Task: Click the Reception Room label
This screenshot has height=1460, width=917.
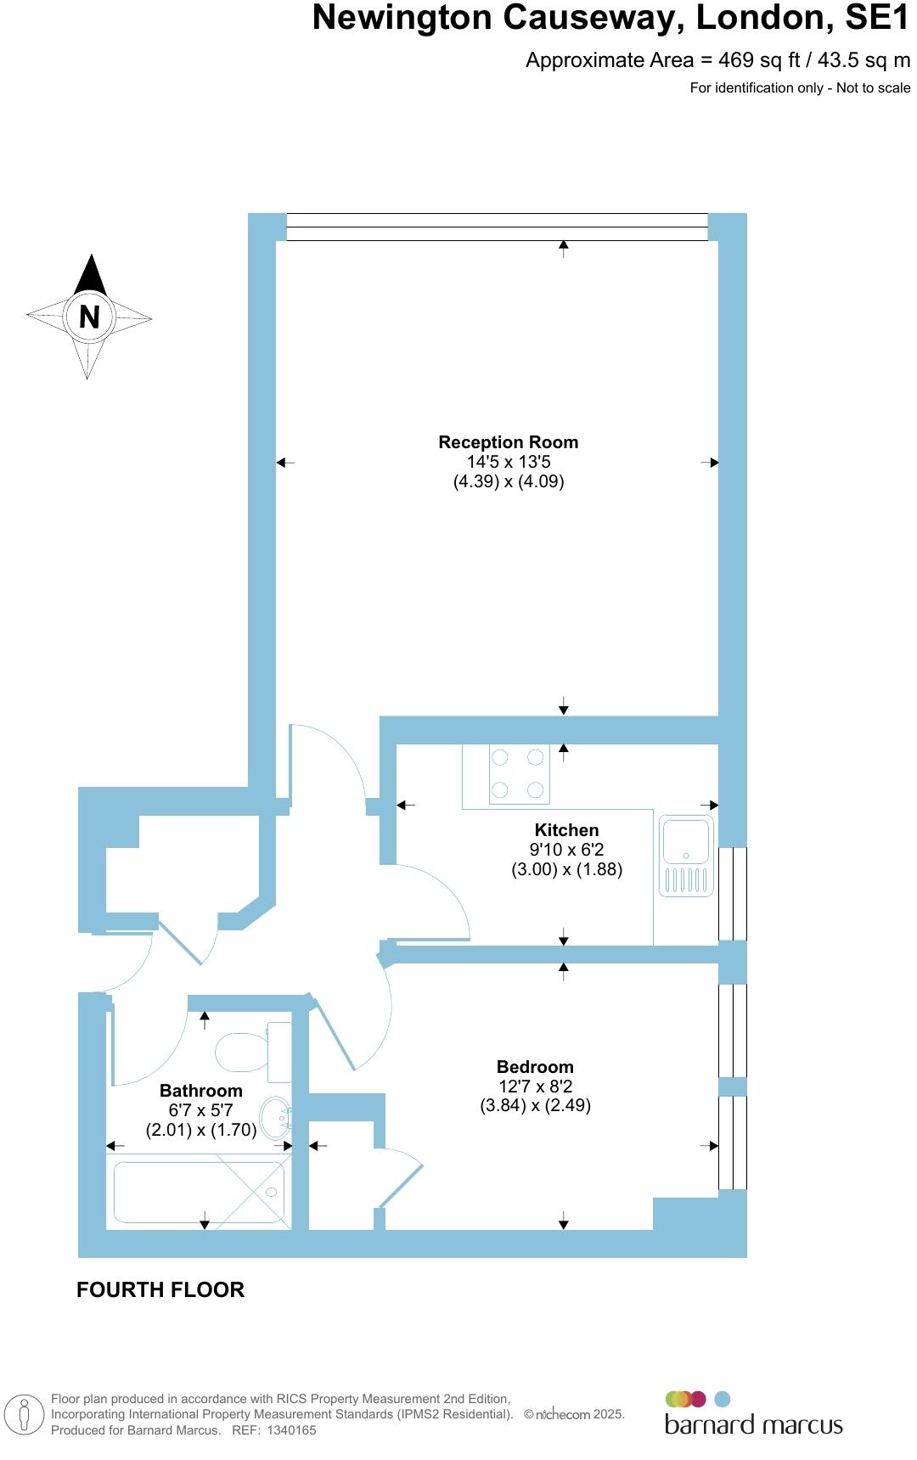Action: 508,442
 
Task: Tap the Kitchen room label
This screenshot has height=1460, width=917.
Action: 566,830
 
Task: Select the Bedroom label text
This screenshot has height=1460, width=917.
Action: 535,1067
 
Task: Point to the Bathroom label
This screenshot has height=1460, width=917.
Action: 200,1091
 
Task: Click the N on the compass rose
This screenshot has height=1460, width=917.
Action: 89,317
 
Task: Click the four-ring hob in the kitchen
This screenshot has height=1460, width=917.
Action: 518,773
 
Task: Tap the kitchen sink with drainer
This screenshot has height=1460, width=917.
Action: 686,855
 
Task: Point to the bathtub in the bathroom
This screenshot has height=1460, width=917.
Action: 199,1192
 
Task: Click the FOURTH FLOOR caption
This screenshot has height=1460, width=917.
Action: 160,1289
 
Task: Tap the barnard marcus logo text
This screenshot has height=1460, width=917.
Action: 753,1424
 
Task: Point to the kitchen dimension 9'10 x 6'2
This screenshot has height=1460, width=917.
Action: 566,850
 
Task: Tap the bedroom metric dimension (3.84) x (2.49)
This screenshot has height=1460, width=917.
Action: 535,1105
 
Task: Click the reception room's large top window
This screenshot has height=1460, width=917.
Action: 497,227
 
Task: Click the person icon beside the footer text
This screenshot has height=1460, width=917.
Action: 25,1415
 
